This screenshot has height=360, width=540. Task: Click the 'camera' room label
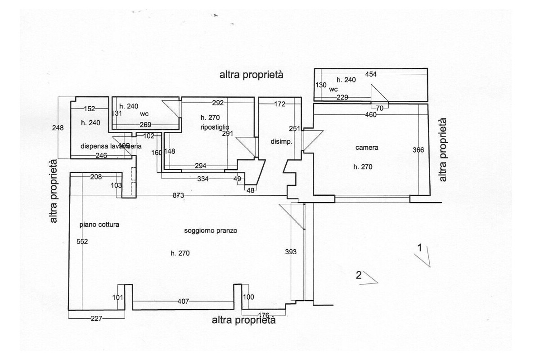coord(367,148)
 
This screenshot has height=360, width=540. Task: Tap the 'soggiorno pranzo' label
coord(211,231)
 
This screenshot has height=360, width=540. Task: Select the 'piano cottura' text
coord(99,225)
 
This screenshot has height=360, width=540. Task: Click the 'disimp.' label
coord(282,141)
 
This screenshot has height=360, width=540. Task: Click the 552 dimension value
coord(82,242)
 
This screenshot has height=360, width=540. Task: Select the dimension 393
coord(291,252)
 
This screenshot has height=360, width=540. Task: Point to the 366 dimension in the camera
coord(418,150)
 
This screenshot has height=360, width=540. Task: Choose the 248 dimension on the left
coord(58,128)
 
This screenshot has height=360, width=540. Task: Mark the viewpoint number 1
coord(419,247)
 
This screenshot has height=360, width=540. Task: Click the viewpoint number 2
coord(359,275)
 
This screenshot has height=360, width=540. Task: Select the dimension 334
coord(203,179)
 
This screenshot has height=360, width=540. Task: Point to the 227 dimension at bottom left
coord(96,319)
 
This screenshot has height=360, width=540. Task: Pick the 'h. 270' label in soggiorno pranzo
coord(180,253)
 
